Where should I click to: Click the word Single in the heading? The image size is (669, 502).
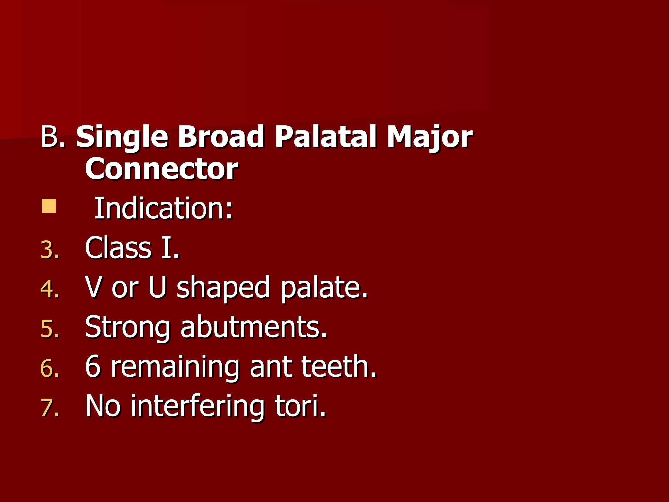(x=122, y=137)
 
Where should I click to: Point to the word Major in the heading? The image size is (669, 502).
(x=429, y=137)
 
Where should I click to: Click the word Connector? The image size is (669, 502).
(x=161, y=169)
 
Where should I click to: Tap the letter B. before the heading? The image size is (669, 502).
(x=52, y=137)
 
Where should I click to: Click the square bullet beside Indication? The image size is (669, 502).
(x=49, y=206)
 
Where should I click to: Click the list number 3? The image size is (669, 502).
(x=50, y=250)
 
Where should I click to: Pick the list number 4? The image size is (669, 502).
(x=50, y=290)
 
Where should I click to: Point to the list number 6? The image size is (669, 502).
(x=50, y=368)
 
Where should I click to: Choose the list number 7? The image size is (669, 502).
(x=50, y=408)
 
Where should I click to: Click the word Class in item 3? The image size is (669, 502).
(x=118, y=248)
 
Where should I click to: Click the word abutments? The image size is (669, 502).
(x=253, y=327)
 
